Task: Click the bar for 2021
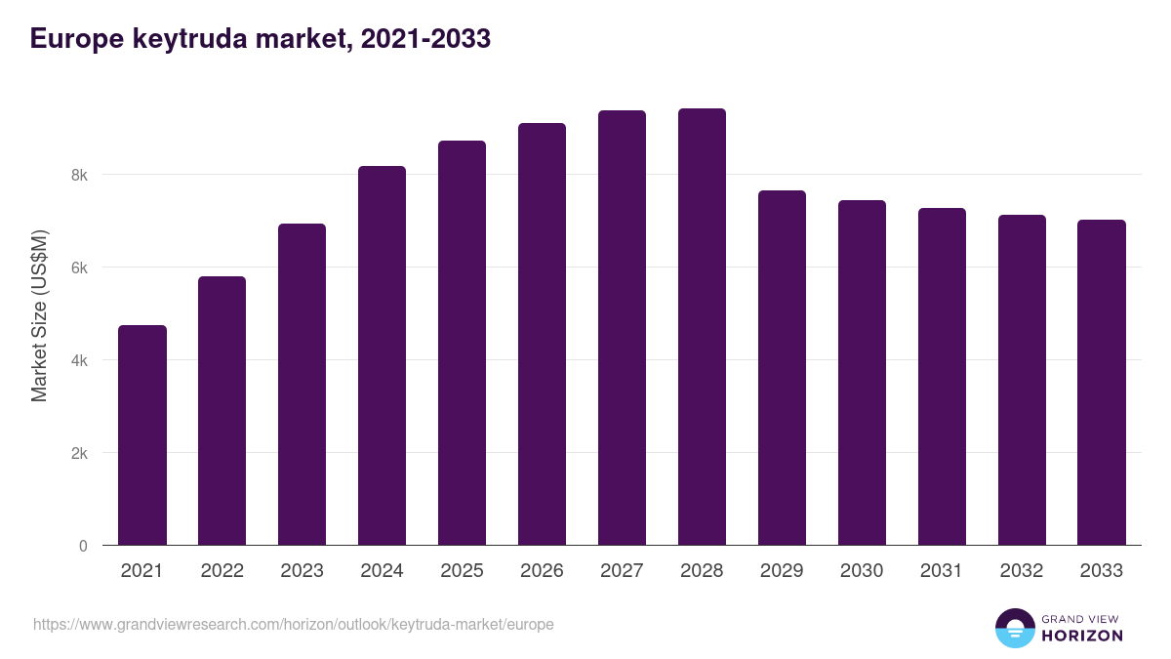142,435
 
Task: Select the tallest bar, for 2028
702,327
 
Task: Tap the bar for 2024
382,355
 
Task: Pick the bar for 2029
782,368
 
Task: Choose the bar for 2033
1102,383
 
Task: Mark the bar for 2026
542,334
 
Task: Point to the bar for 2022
222,411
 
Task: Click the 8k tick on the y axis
78,176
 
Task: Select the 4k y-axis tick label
78,360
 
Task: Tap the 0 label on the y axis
83,546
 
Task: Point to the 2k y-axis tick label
78,453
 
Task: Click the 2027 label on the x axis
622,571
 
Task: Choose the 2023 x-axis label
302,571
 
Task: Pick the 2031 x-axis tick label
942,571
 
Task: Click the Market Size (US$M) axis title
39,315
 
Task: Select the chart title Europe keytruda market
260,39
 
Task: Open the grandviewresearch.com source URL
294,624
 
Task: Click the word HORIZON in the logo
1082,636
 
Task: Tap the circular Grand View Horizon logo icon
1015,628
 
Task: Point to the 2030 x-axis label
862,571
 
